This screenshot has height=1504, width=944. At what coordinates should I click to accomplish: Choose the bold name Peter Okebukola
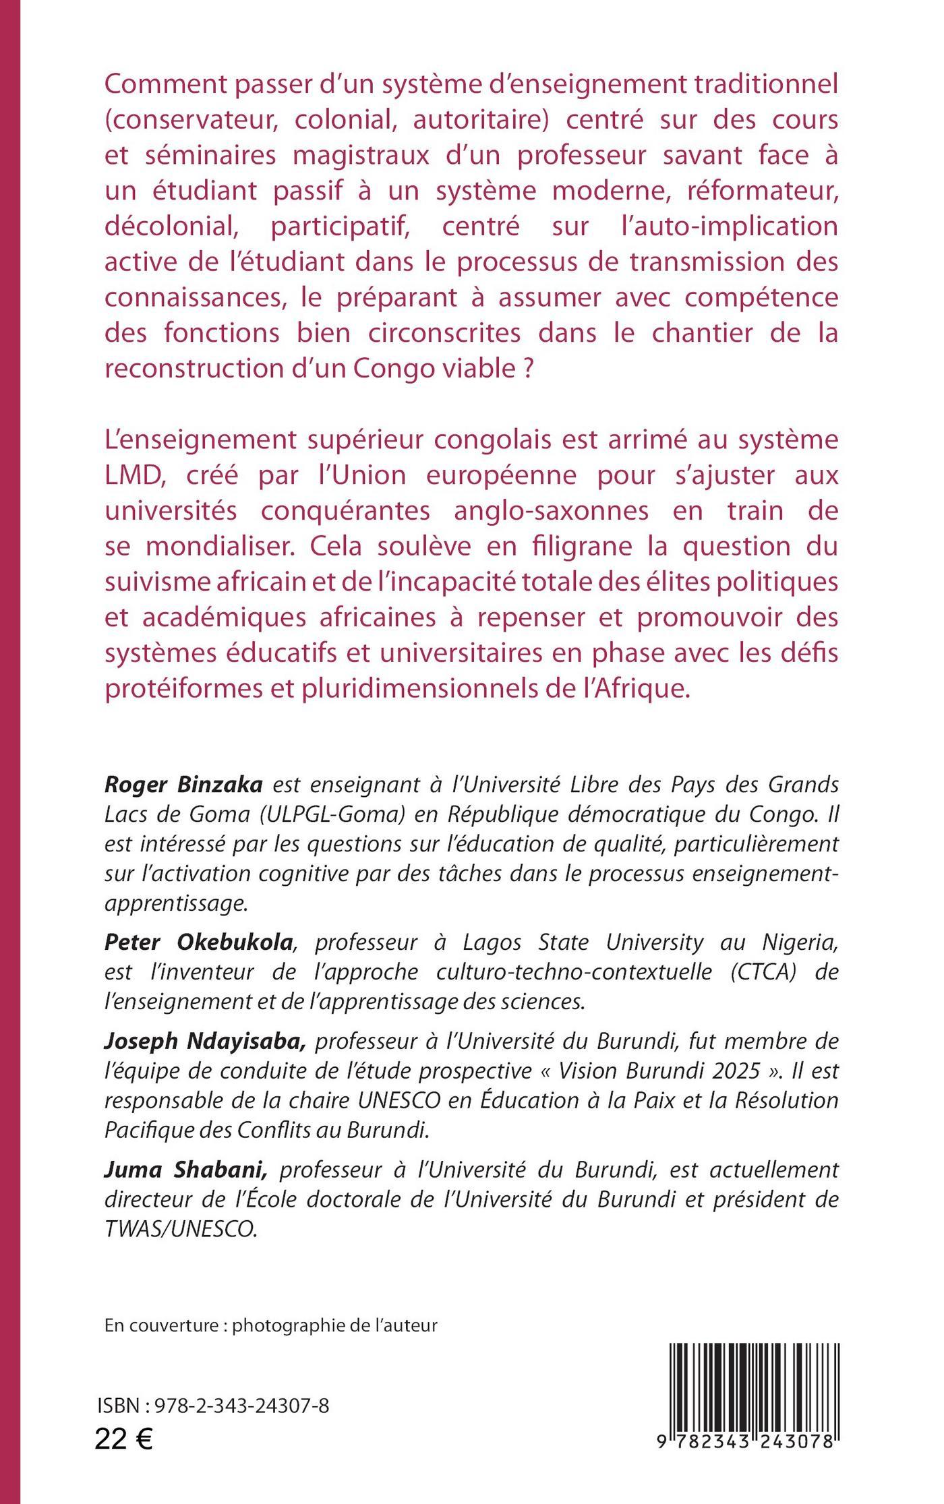(x=199, y=944)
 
